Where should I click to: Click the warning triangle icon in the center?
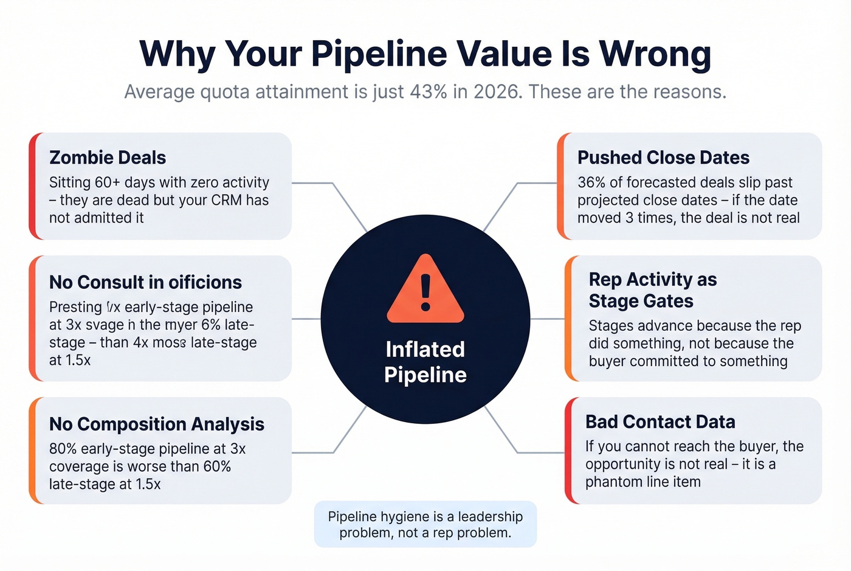coord(425,291)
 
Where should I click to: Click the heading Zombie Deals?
coord(108,157)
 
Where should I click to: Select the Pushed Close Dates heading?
coord(663,157)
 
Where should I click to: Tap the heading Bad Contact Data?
coord(660,421)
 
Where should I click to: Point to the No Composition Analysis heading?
coord(157,424)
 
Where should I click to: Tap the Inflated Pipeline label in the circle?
coord(425,362)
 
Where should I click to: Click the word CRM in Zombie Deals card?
coord(226,200)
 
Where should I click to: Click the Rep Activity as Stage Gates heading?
coord(652,290)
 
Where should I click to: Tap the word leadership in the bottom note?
coord(490,517)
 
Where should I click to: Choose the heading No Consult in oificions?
coord(145,282)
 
